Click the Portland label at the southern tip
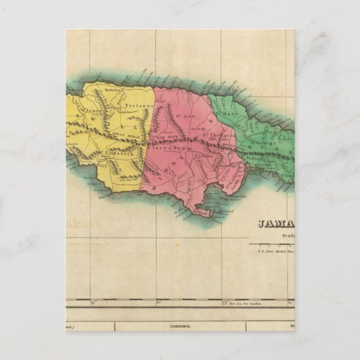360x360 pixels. click(202, 212)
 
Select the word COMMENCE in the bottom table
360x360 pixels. click(181, 325)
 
